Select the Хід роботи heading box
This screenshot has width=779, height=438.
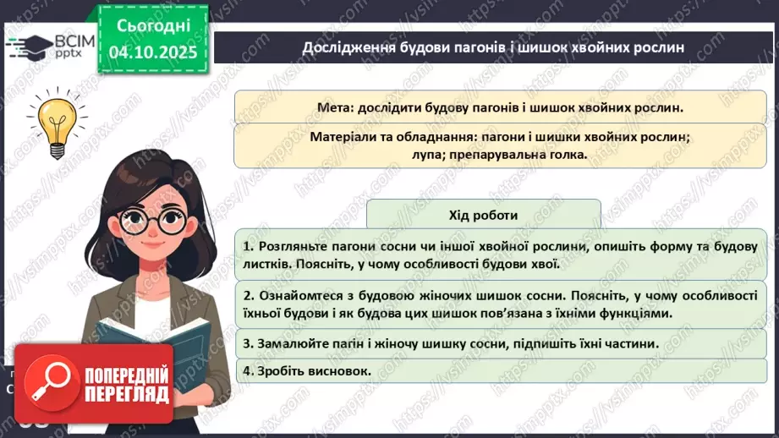[484, 215]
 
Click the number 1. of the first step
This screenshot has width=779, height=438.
[248, 246]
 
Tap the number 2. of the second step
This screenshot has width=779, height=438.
[249, 296]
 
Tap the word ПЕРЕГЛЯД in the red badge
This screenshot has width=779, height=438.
[127, 393]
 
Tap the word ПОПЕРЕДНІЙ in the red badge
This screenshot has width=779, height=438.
[127, 375]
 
